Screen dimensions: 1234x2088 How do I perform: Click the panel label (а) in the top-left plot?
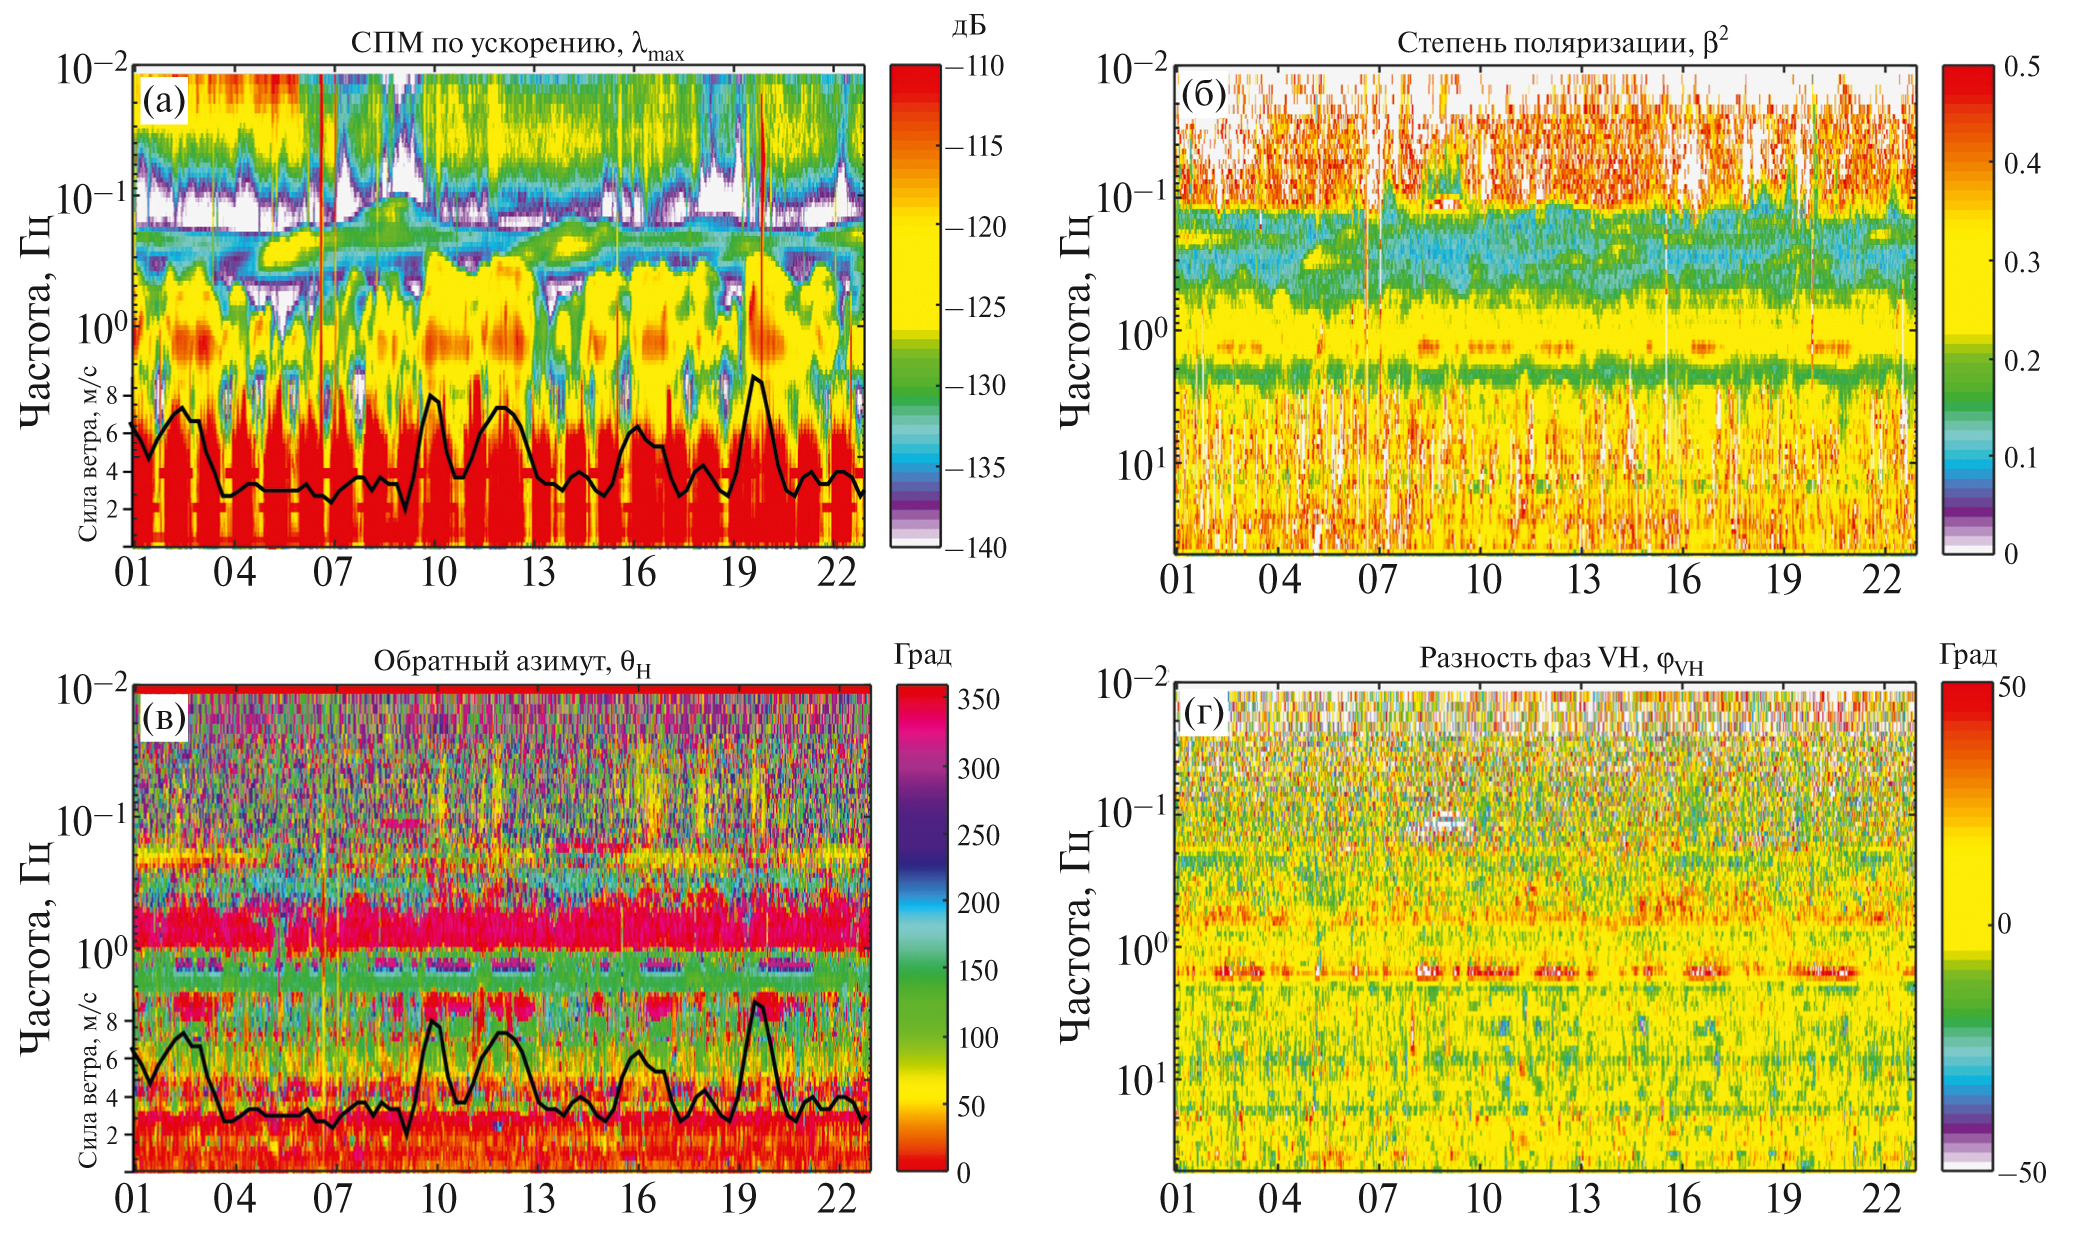coord(164,100)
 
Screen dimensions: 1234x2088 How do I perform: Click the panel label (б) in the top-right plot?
coord(1203,94)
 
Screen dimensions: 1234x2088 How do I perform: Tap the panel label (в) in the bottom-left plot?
coord(164,717)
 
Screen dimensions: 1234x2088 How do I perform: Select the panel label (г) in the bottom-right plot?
coord(1203,713)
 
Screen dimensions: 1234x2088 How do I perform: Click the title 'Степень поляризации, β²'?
coord(1562,43)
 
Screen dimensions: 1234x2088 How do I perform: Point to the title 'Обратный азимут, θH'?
coord(512,662)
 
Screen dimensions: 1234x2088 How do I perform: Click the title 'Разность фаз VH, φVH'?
coord(1561,659)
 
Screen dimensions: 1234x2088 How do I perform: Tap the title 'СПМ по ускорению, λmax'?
coord(517,45)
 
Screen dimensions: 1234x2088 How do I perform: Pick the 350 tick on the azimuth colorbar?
coord(978,699)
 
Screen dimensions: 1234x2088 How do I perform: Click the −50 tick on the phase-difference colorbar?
coord(2020,1172)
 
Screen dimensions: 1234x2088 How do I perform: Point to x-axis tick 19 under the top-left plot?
coord(739,573)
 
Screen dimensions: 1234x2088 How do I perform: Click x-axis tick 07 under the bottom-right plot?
coord(1377,1198)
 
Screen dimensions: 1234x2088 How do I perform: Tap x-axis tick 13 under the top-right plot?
coord(1583,580)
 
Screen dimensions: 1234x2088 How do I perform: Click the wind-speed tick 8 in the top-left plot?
coord(112,396)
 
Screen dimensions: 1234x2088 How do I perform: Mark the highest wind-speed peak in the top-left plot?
coord(754,377)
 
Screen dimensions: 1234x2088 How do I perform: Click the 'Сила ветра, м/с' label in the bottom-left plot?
coord(88,1080)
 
